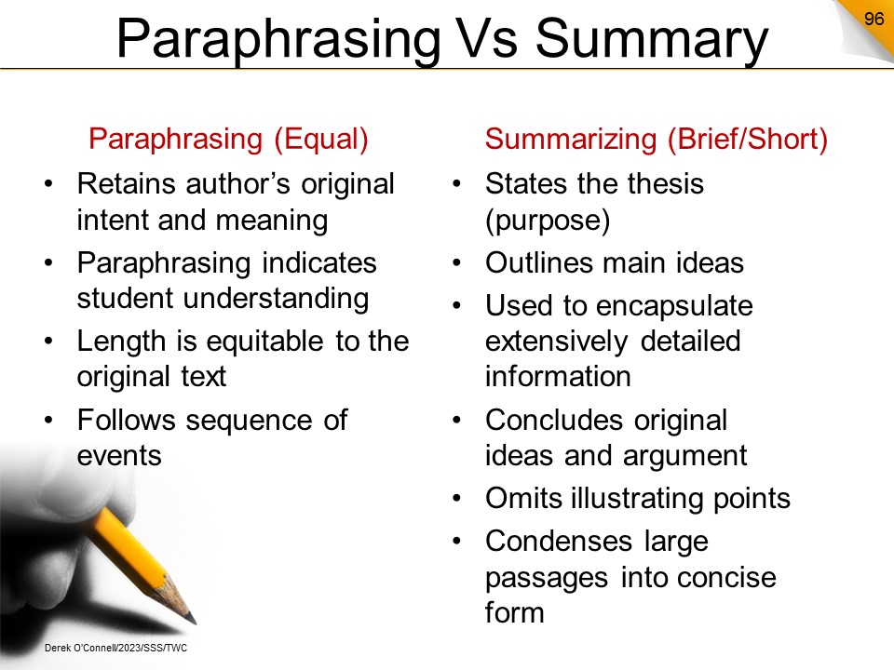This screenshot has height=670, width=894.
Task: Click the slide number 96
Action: (874, 19)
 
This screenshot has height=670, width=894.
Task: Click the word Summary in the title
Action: (652, 39)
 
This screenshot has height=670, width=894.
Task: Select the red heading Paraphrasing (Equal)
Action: (228, 140)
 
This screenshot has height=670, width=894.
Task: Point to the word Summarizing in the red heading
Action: (571, 140)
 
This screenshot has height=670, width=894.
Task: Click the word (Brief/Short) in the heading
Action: (748, 140)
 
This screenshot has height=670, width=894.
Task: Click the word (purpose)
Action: (548, 221)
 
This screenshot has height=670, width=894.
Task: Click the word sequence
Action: (251, 421)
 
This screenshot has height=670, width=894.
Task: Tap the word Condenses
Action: (558, 542)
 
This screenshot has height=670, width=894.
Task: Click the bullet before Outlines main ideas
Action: (456, 263)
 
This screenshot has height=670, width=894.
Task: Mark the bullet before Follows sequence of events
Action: (48, 421)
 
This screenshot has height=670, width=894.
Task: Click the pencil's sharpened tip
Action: (193, 620)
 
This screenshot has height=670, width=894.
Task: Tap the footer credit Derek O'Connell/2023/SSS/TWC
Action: (115, 648)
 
